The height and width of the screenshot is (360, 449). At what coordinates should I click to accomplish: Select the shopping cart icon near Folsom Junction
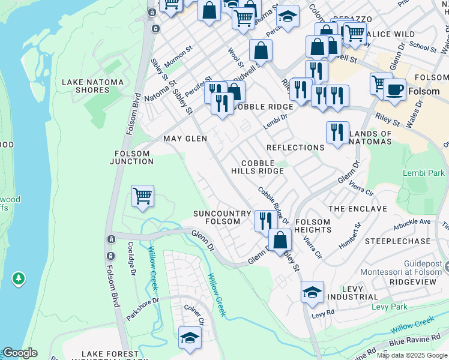142,196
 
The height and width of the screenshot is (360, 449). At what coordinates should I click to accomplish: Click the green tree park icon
19,278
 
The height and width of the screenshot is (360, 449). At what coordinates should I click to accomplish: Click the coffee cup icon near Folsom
394,89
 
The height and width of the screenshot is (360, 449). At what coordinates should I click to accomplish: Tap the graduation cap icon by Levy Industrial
312,292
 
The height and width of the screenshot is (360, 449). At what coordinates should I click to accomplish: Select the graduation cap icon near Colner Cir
190,337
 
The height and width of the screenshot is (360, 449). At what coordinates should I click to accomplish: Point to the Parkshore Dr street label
142,308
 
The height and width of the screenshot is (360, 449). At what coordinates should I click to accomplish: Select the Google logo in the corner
20,353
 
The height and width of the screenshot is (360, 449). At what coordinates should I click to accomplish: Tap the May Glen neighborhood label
185,139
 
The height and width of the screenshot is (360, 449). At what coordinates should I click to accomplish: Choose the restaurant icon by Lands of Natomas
337,133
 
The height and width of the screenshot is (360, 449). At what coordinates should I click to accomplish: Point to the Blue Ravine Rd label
413,342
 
